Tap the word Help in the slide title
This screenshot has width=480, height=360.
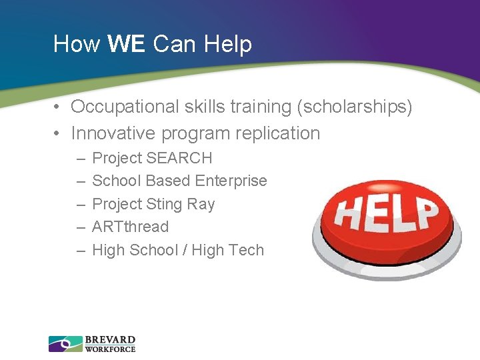pyautogui.click(x=228, y=44)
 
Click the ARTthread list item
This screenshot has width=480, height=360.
pyautogui.click(x=130, y=227)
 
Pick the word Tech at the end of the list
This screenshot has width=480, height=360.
pyautogui.click(x=247, y=250)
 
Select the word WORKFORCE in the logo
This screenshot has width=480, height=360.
pyautogui.click(x=110, y=349)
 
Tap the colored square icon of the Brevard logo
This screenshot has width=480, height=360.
pyautogui.click(x=65, y=344)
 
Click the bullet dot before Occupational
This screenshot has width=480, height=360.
pyautogui.click(x=59, y=107)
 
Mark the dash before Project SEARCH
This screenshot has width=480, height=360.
pyautogui.click(x=80, y=159)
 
